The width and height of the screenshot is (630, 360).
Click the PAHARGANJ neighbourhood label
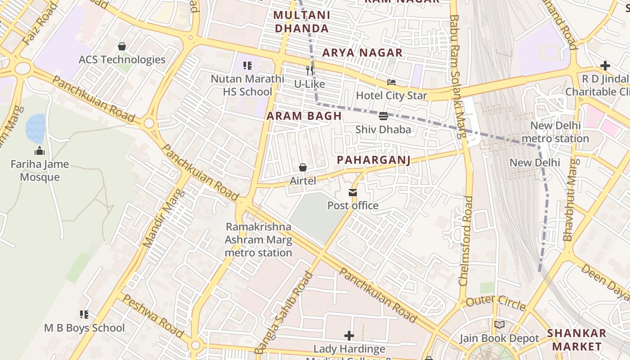pos(373,160)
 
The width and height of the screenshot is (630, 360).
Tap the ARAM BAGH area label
pos(304,116)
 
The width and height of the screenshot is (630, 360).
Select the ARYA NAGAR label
pos(362,53)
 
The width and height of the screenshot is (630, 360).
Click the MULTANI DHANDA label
pos(301,22)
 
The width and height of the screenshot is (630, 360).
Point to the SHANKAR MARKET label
pos(576,340)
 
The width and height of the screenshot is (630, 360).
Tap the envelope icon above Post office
pos(353,193)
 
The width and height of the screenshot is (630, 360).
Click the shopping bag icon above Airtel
pos(303,168)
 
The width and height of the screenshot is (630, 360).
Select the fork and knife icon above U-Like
pos(309,71)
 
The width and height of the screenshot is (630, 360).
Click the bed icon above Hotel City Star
pos(391,82)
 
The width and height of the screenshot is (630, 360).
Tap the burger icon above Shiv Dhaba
pos(383,117)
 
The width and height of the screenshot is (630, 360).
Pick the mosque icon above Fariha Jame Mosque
pos(40,151)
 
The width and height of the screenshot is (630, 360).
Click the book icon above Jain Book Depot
pos(499,325)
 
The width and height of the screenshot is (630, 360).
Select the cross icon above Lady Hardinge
pos(349,336)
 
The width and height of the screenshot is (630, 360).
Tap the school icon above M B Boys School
pos(84,315)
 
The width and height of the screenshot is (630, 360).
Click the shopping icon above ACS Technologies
pos(121,46)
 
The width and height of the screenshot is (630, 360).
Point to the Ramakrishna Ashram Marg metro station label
pos(259,239)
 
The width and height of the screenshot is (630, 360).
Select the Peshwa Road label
pos(153,316)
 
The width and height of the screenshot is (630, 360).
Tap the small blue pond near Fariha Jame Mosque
pos(35,128)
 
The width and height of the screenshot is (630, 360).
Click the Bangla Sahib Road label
pos(283,313)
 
